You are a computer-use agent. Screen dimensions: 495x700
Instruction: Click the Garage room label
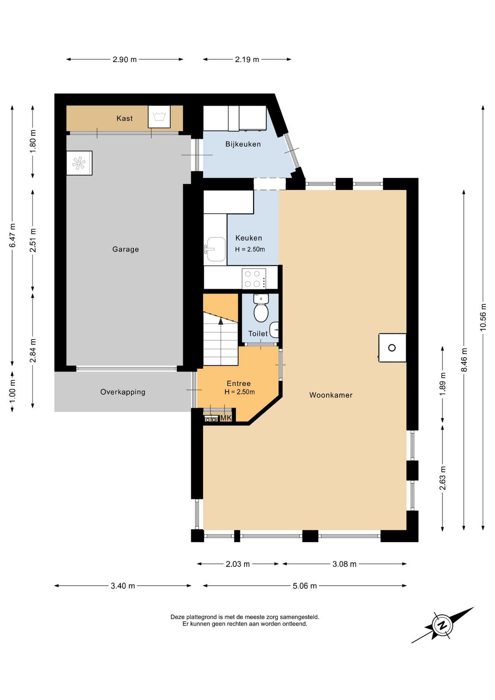click(125, 249)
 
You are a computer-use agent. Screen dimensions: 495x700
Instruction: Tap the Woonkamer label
click(331, 395)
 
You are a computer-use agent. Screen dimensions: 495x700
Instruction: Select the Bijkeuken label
click(243, 144)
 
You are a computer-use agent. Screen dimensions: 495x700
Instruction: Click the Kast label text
click(124, 118)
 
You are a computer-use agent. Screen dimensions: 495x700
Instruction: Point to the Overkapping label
click(123, 392)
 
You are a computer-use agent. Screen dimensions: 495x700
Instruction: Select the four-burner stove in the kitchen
click(254, 278)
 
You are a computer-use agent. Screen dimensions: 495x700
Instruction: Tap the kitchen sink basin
click(216, 249)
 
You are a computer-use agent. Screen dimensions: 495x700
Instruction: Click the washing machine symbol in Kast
click(159, 116)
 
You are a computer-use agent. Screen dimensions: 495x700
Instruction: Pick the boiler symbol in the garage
click(79, 163)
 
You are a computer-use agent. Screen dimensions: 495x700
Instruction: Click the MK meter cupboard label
click(226, 418)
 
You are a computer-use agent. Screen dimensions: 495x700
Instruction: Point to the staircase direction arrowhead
click(221, 321)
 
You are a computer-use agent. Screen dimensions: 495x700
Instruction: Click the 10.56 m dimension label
click(483, 317)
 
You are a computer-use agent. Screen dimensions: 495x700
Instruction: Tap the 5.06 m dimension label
click(304, 586)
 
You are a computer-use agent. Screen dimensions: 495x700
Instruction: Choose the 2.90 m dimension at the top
click(125, 59)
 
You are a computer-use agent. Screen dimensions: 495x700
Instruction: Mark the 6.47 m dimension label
click(13, 235)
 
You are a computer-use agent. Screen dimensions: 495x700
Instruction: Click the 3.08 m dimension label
click(344, 564)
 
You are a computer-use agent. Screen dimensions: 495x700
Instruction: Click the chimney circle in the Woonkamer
click(392, 347)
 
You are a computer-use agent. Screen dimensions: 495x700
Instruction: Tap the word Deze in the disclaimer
click(177, 617)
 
